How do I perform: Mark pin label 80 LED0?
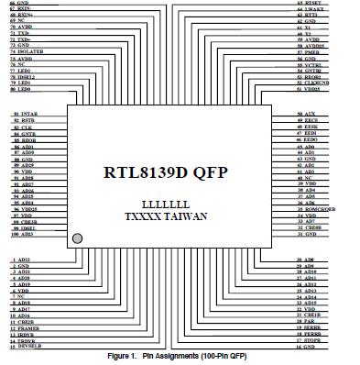(23, 89)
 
